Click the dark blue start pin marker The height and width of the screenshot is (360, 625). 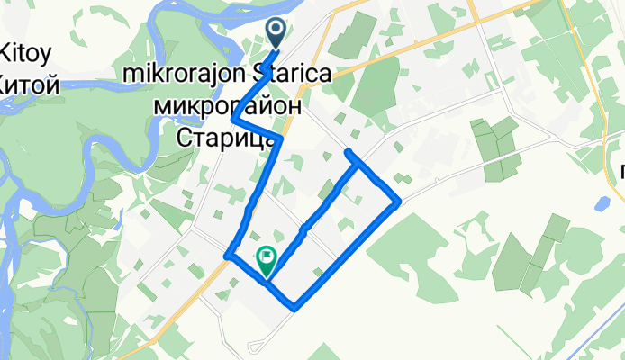(276, 34)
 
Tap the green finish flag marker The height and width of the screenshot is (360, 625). (267, 261)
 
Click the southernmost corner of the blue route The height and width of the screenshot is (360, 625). (294, 307)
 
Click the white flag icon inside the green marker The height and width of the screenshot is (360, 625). (267, 256)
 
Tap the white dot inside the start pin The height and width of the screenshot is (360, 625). (276, 29)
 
